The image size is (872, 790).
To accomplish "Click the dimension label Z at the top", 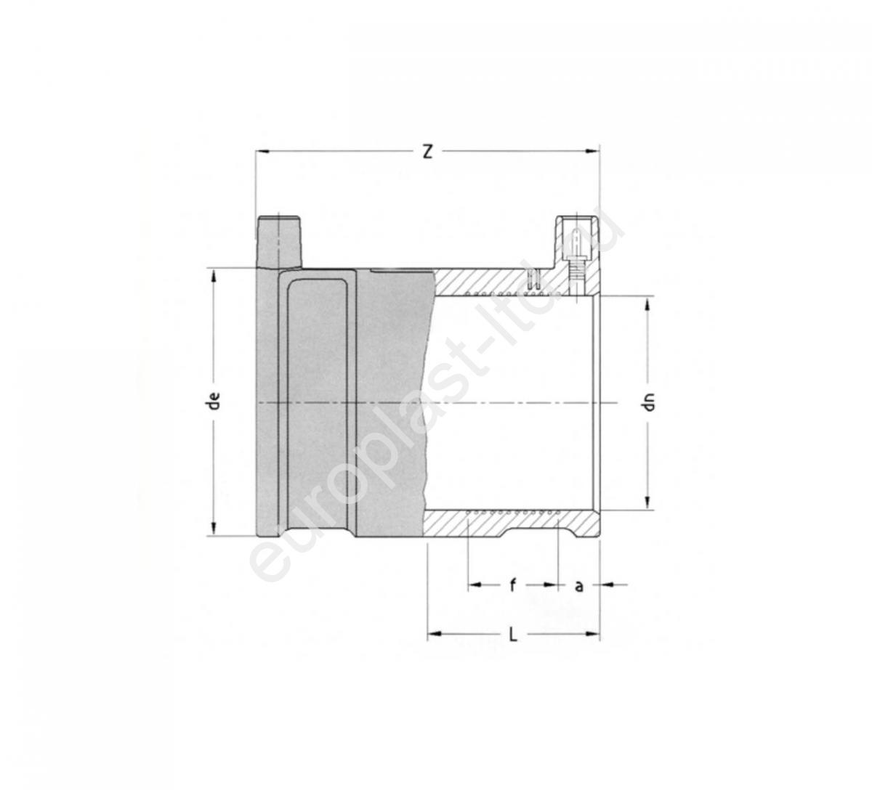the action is (x=428, y=152).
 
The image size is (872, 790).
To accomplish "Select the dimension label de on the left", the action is (x=214, y=401).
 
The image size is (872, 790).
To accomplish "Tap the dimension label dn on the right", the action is (x=649, y=402).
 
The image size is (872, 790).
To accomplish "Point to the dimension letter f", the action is (x=513, y=585).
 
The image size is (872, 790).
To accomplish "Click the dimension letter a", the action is (x=578, y=586).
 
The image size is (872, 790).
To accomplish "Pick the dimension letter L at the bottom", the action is (x=513, y=636).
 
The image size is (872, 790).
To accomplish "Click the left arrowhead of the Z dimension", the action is (x=262, y=151).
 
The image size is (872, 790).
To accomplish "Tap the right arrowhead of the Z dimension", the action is (x=594, y=151).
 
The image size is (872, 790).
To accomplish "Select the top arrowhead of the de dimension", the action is (x=214, y=275).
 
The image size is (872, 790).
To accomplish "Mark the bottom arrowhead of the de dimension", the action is (x=214, y=529).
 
